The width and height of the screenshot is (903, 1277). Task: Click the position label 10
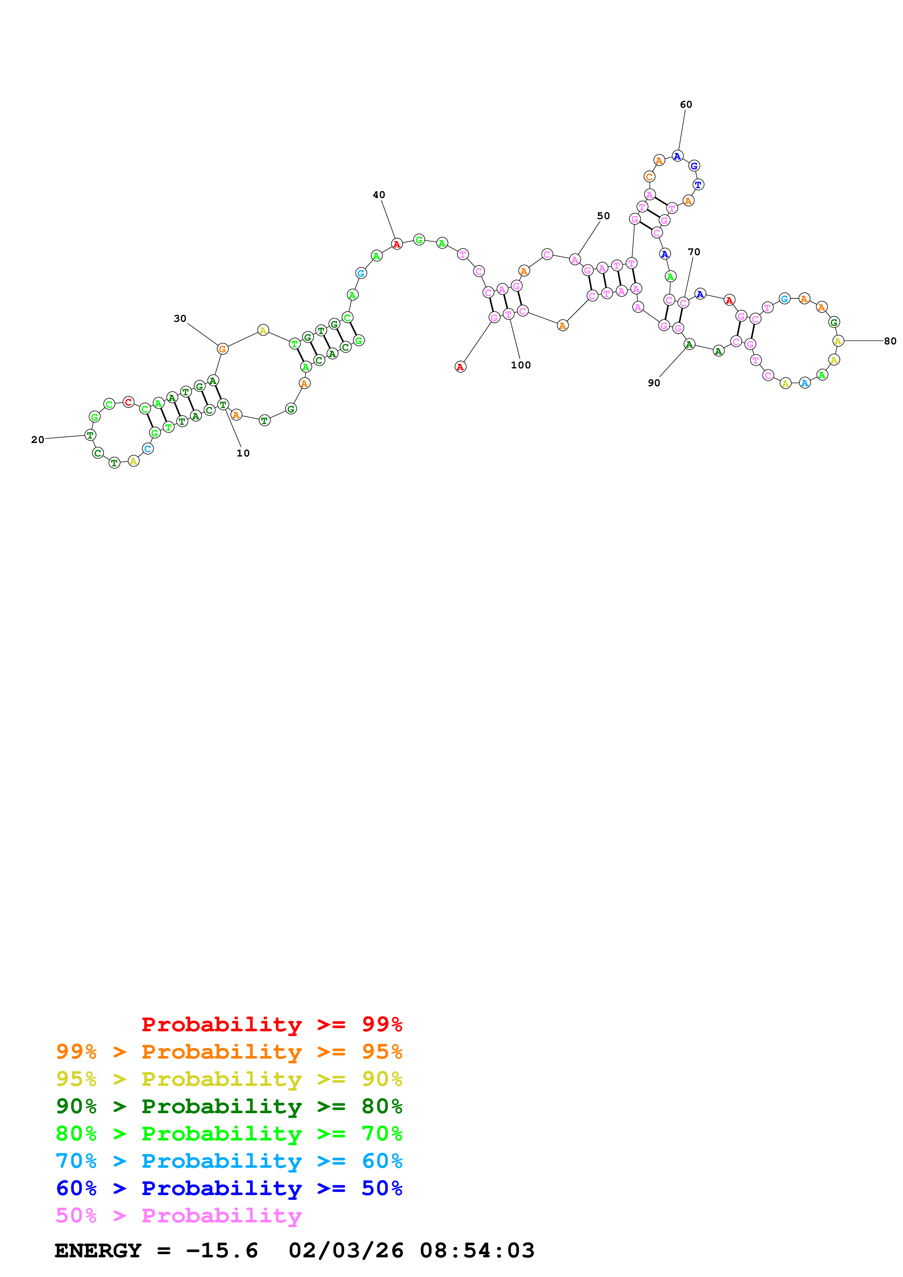(243, 453)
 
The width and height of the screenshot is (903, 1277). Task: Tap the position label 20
(37, 440)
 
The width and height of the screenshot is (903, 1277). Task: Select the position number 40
(379, 195)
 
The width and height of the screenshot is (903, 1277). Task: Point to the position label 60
(686, 104)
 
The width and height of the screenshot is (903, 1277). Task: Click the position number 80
(890, 341)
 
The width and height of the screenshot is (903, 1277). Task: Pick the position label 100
(521, 365)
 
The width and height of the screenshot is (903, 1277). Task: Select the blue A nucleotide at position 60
(677, 156)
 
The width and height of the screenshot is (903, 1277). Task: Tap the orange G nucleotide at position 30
(223, 349)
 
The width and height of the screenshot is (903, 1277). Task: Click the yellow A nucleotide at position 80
(838, 341)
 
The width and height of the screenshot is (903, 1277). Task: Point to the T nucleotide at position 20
(90, 435)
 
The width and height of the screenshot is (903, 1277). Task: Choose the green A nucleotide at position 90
(689, 344)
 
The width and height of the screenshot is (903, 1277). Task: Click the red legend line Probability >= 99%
(271, 1024)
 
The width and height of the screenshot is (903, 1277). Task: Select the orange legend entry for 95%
(229, 1052)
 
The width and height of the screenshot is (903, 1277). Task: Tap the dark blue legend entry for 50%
(229, 1188)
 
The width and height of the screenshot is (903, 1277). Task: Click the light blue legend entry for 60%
(229, 1161)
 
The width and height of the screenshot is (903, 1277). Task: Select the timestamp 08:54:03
(477, 1251)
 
